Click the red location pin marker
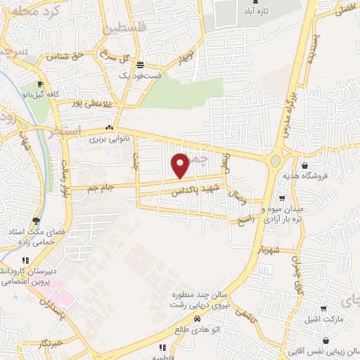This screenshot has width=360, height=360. click(x=181, y=165)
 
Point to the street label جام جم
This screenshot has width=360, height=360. click(x=100, y=188)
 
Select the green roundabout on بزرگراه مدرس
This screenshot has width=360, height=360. click(x=275, y=162)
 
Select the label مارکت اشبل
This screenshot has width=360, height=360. click(x=324, y=319)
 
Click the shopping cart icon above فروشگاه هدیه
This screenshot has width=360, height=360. click(x=304, y=167)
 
